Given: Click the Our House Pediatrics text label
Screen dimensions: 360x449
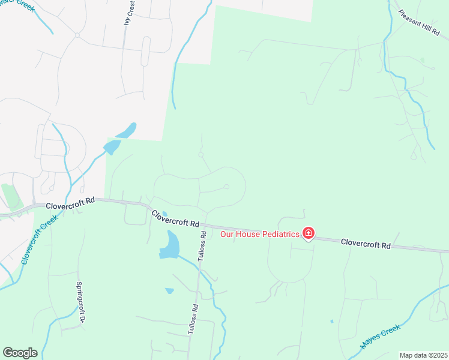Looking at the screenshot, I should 259,234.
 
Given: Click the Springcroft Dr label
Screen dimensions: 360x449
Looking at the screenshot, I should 79,302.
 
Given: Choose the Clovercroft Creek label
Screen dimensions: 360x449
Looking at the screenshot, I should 36,242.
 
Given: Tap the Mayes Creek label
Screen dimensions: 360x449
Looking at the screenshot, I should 380,337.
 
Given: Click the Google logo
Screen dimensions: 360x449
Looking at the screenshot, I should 20,353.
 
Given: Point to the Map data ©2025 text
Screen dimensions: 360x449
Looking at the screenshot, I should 423,355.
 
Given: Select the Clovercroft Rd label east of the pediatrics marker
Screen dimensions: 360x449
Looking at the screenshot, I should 366,244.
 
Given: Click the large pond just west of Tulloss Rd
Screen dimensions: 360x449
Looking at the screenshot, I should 170,247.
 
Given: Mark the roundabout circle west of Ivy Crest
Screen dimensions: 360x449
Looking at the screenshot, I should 77,35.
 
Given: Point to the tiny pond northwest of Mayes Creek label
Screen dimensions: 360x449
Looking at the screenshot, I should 331,321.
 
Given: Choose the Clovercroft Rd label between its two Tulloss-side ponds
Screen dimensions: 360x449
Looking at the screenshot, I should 175,218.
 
